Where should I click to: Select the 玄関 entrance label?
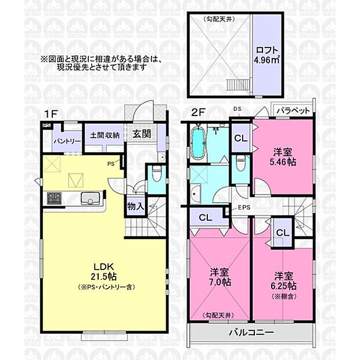pos(142,134)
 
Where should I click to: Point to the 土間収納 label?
pos(105,135)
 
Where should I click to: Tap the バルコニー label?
pos(251,333)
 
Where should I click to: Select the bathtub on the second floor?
pos(197,143)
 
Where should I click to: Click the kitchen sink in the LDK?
pos(91,197)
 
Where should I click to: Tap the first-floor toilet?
pos(156,173)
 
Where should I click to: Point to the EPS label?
pos(243,208)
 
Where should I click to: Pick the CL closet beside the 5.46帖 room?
pos(239,138)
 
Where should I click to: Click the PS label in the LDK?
pos(110,164)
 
